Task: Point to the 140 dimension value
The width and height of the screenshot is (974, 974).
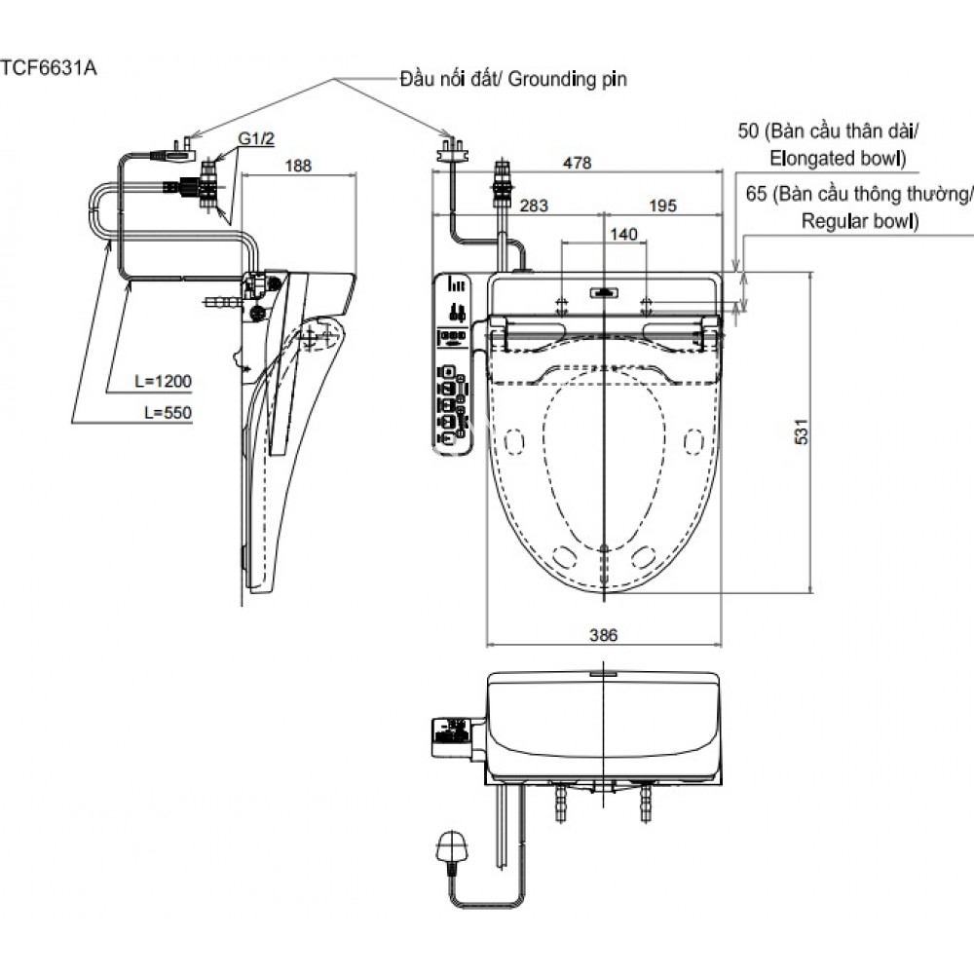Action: (623, 234)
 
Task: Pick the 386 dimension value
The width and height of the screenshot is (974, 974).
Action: (604, 634)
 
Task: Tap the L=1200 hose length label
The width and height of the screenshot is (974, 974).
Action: (164, 382)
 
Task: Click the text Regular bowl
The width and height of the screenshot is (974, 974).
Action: (858, 221)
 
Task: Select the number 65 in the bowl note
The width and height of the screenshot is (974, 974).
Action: (756, 194)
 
